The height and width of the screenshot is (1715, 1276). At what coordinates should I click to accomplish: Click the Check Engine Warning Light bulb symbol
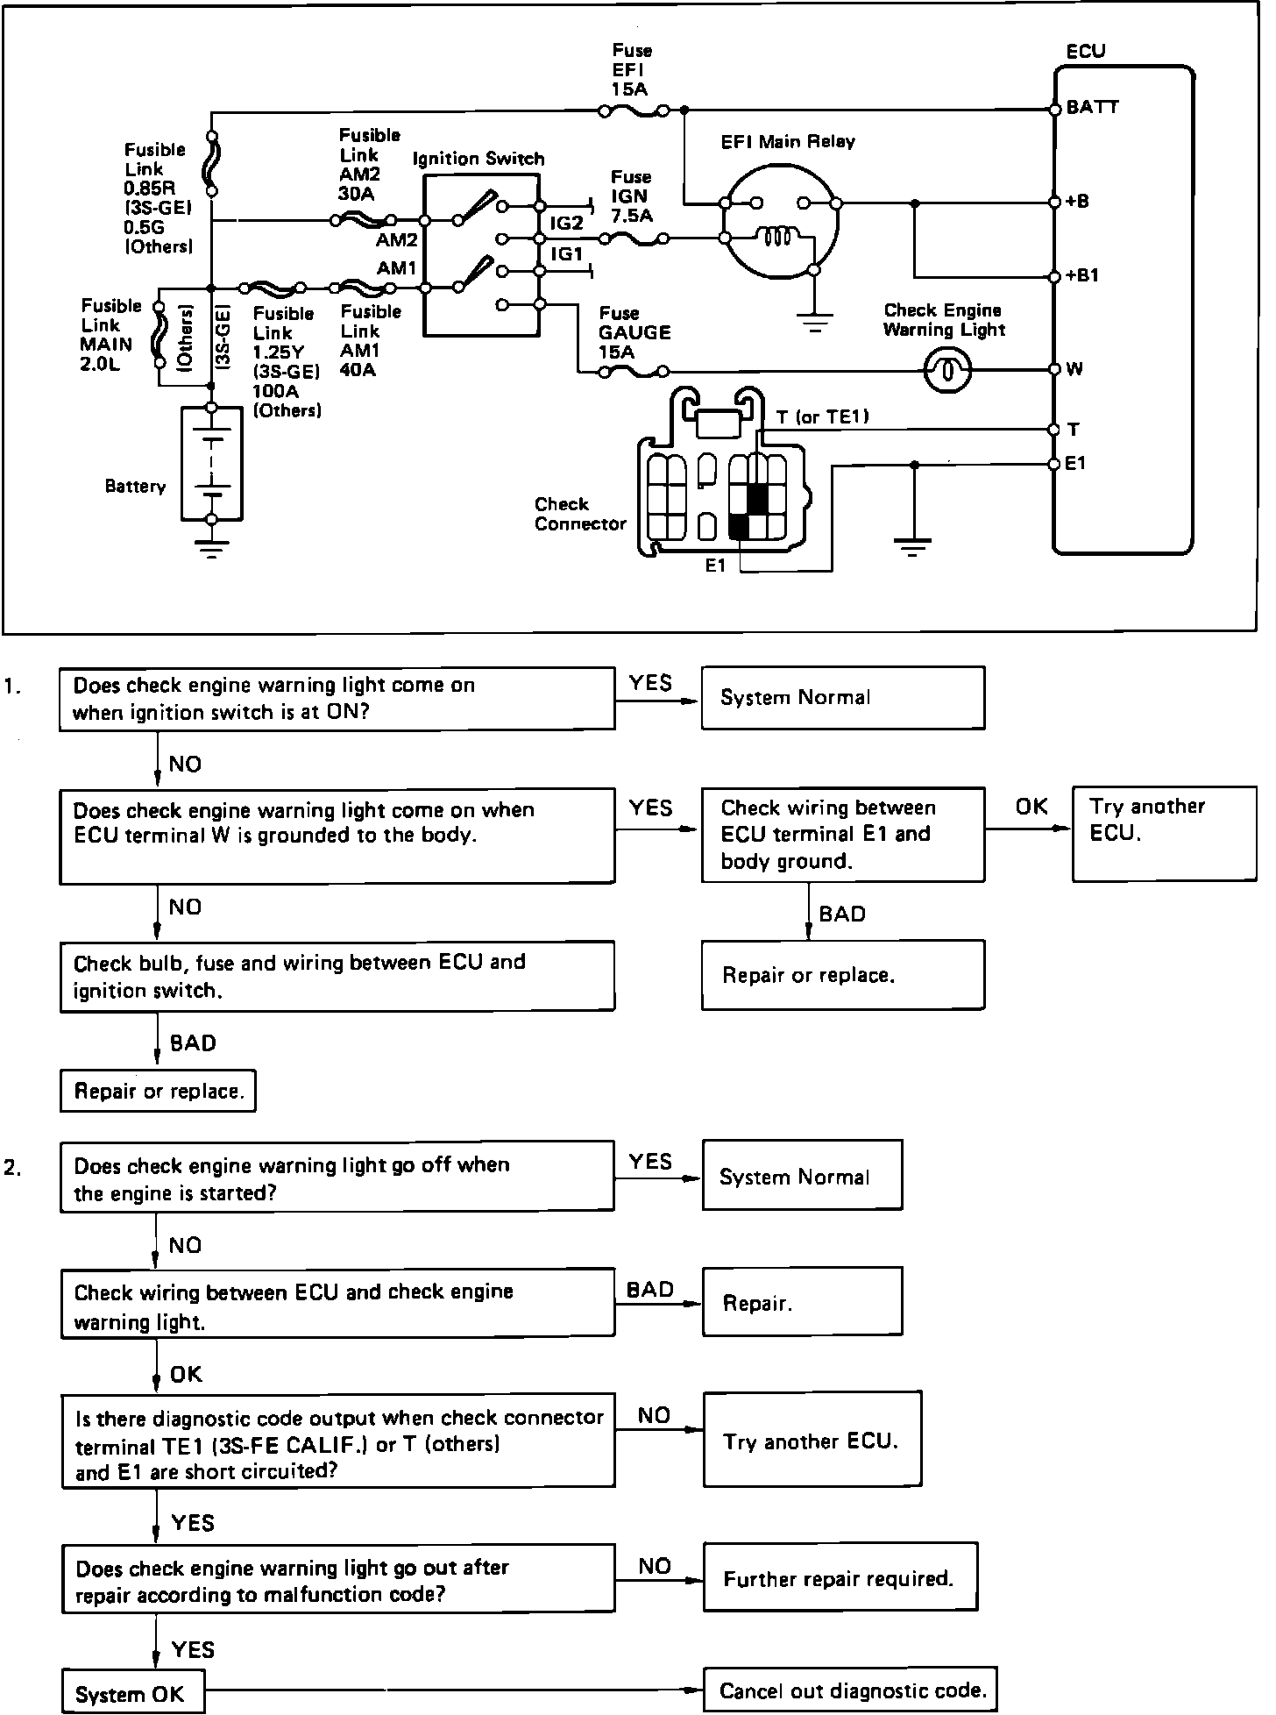click(x=947, y=370)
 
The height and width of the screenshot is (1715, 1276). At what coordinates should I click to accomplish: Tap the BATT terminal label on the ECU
click(x=1093, y=108)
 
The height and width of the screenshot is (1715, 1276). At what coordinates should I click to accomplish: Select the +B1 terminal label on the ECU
click(x=1082, y=276)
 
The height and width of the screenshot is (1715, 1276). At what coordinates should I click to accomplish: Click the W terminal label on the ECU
click(x=1074, y=369)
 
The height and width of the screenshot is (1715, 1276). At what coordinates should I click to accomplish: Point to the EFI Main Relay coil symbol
click(x=776, y=237)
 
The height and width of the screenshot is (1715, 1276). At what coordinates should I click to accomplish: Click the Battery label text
click(x=135, y=487)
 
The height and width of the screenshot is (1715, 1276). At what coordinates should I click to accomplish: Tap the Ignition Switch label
click(x=478, y=159)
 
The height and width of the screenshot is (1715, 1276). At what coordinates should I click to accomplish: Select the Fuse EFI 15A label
click(x=631, y=70)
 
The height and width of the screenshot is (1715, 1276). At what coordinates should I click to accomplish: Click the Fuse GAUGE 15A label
click(x=634, y=332)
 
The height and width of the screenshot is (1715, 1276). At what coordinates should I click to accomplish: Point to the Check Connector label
click(x=580, y=515)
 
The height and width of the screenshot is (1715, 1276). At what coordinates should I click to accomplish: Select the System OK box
click(x=132, y=1692)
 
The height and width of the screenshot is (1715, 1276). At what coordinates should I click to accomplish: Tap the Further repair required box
click(x=840, y=1578)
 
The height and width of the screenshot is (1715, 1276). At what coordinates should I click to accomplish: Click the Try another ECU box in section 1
click(x=1164, y=834)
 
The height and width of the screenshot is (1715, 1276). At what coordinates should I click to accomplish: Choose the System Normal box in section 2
click(x=802, y=1176)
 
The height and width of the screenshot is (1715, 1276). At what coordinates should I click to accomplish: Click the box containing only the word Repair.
click(x=802, y=1302)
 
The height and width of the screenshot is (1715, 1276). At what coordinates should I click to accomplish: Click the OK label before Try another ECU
click(x=1031, y=806)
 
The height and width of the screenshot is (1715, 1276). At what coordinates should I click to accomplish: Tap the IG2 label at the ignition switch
click(x=566, y=223)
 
